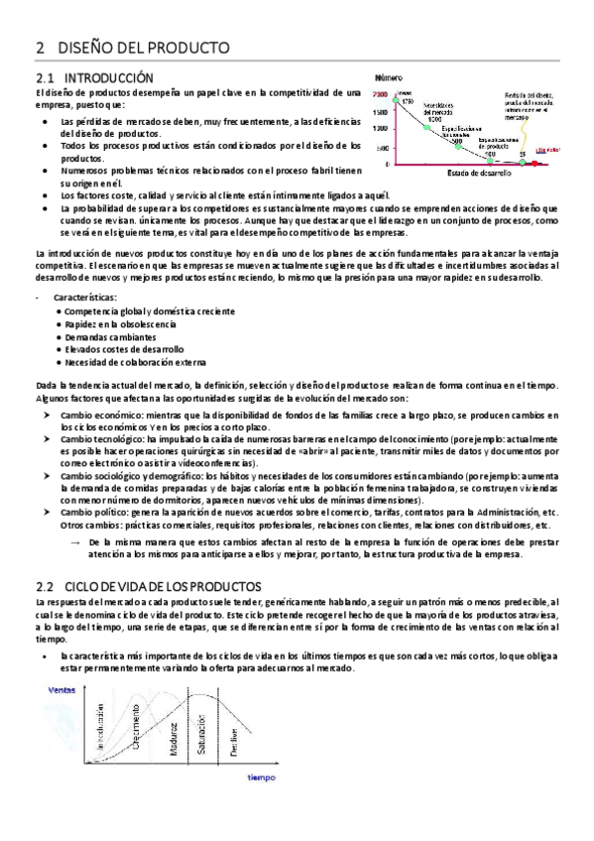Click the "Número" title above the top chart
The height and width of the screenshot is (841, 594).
(390, 76)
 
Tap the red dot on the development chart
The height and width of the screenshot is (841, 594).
(535, 164)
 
